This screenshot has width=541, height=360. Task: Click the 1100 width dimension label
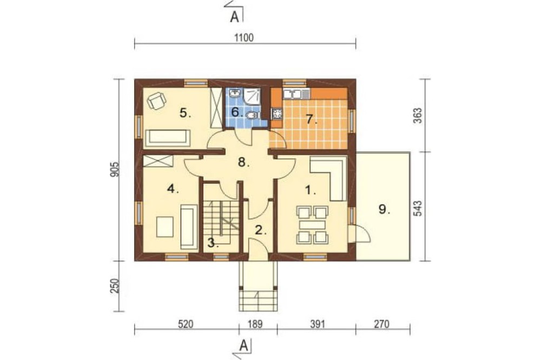tap(244, 37)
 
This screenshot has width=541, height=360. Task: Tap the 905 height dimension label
tap(116, 169)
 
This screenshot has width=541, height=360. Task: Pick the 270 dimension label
tap(381, 324)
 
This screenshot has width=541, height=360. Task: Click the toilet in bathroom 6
tap(253, 115)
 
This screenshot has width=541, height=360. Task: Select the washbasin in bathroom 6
tap(235, 93)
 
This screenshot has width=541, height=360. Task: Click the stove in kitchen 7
tap(277, 114)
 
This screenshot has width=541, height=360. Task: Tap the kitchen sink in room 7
tap(296, 94)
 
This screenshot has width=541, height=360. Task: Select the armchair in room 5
tap(156, 101)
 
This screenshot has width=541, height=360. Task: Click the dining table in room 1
tap(313, 225)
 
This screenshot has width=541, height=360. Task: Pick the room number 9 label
tap(384, 209)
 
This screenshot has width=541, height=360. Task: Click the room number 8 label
tap(243, 162)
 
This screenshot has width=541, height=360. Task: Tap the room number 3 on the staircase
tap(213, 243)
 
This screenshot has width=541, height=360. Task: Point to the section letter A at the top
tap(234, 17)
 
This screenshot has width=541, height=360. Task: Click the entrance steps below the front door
tap(258, 301)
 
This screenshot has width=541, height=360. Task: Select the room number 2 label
tap(261, 230)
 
